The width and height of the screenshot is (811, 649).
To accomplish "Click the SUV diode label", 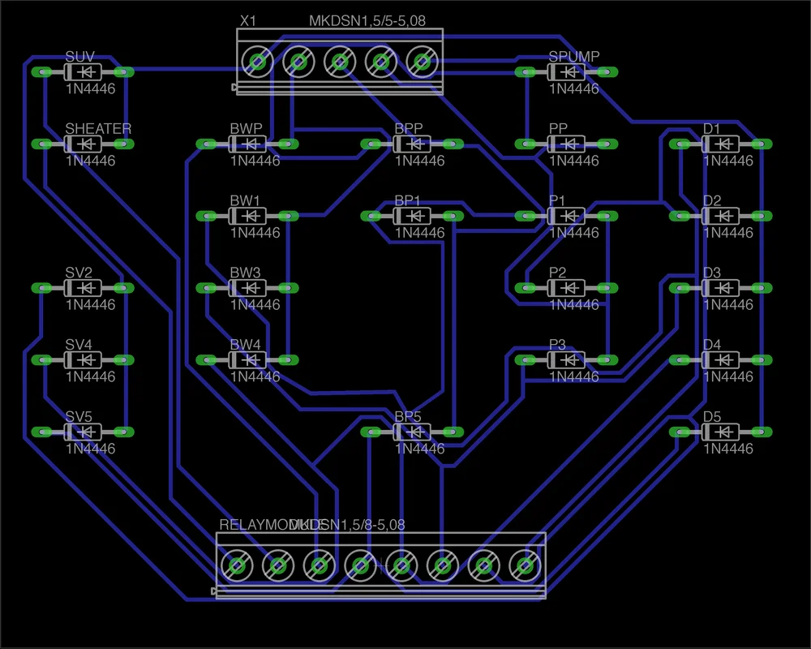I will click(x=79, y=57).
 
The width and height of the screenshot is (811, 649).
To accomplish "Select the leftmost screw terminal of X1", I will click(x=258, y=61).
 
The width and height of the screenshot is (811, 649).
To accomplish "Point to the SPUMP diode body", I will click(x=566, y=72).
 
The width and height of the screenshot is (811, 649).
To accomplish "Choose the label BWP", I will click(x=246, y=129).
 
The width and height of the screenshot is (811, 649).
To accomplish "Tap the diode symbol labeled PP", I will click(x=566, y=144).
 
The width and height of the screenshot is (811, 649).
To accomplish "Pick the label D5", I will click(x=712, y=417).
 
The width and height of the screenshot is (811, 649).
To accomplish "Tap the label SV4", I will click(x=79, y=345).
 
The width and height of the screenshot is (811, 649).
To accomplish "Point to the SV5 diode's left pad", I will click(x=40, y=432).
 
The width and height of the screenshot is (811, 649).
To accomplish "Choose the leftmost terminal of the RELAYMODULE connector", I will click(x=236, y=565).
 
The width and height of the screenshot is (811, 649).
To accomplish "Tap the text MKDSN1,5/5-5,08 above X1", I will click(x=367, y=21).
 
